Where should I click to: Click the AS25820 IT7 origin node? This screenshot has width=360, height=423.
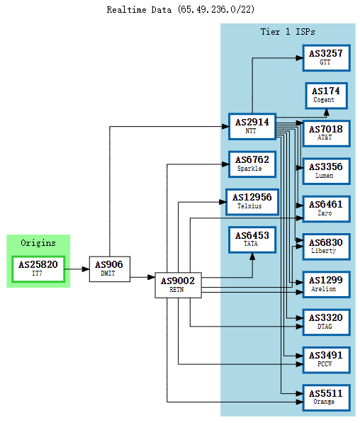coord(38,269)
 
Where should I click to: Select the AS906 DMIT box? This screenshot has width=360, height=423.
coord(109,269)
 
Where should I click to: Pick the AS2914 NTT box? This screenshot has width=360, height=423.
coord(252,126)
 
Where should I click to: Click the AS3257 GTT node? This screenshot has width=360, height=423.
coord(326,57)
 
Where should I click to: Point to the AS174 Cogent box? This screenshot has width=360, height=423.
coord(326,96)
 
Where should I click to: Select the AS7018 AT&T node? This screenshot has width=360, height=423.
coord(326,133)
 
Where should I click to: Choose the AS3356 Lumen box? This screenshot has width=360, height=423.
coord(326,171)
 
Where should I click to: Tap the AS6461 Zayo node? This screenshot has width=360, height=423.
coord(326,208)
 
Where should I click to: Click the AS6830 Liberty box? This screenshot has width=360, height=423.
coord(326,247)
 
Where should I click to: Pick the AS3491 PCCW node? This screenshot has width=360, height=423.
coord(326,360)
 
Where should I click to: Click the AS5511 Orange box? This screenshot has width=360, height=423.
coord(326,398)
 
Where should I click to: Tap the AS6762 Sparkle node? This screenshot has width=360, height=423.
coord(252,164)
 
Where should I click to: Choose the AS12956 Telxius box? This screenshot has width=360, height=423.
coord(252,201)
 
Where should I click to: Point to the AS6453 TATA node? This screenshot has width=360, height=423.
coord(252,239)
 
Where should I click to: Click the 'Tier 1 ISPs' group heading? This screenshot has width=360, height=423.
coord(288,32)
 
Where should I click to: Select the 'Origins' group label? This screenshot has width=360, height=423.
coord(38,243)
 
